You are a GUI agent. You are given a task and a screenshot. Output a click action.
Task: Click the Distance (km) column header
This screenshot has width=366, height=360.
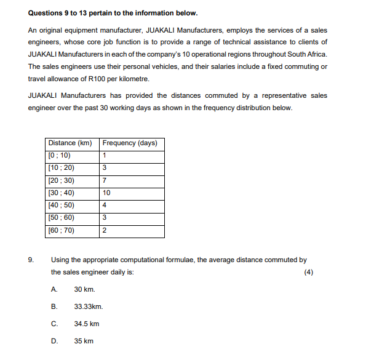70,143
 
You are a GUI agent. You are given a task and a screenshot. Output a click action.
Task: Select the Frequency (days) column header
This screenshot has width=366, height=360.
130,143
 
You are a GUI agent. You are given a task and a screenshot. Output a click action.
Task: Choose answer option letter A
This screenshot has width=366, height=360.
54,289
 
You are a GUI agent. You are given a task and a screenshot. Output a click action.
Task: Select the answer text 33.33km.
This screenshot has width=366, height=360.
88,306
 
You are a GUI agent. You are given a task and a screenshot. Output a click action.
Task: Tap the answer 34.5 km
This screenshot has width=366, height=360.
86,324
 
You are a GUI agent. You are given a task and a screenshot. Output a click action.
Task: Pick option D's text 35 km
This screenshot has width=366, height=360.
84,341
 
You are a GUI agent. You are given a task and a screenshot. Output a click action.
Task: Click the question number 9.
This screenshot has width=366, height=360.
31,260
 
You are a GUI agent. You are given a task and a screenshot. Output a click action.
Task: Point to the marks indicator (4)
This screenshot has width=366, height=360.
309,272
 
